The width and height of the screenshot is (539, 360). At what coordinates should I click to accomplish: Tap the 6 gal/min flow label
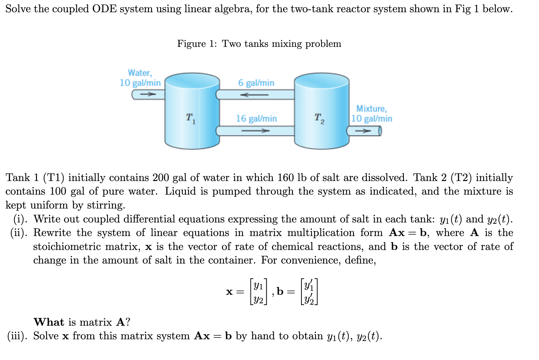[x=256, y=83]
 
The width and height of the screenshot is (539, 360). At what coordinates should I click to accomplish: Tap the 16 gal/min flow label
[x=256, y=119]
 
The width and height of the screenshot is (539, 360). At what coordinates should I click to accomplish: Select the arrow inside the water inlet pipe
[x=146, y=94]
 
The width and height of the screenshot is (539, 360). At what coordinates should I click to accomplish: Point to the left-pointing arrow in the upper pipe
[x=254, y=95]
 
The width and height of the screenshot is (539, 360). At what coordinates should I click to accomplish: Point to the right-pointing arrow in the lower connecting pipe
[x=255, y=131]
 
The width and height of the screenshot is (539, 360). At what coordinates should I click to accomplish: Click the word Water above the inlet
[x=140, y=73]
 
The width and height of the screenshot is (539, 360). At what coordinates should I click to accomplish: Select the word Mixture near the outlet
[x=371, y=109]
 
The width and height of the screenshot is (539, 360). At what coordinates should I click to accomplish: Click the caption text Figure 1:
[x=197, y=44]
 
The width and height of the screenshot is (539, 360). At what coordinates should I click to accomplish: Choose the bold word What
[x=49, y=322]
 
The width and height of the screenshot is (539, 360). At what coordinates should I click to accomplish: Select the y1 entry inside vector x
[x=259, y=286]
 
